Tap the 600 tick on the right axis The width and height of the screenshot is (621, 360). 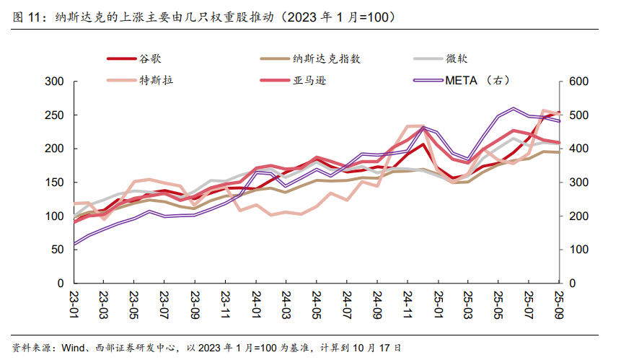(579, 82)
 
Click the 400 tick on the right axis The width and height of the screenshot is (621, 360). (579, 149)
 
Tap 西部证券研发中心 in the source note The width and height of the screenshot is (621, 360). (136, 348)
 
